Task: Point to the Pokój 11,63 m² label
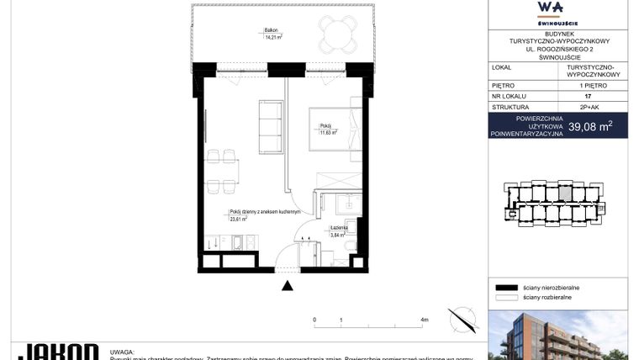click(327, 130)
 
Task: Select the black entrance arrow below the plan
click(288, 286)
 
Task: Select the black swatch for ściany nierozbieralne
click(505, 287)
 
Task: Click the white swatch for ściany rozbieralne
click(505, 297)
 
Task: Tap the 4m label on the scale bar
click(424, 320)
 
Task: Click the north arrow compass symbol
click(462, 320)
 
